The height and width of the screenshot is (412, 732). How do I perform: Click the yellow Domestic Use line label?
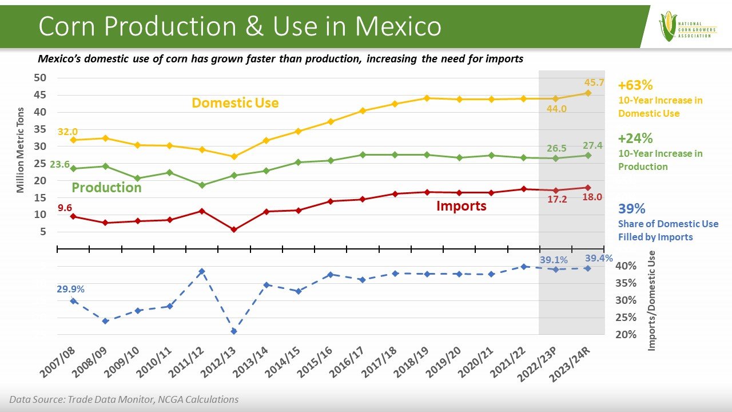point(235,103)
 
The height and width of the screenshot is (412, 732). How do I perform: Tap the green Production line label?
point(106,188)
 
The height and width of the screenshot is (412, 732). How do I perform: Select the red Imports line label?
point(461,206)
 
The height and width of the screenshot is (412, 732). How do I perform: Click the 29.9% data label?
point(70,289)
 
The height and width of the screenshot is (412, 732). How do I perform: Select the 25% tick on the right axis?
point(625,318)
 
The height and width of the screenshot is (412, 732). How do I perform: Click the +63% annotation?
point(635,86)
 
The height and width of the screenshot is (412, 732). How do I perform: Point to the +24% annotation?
point(635,138)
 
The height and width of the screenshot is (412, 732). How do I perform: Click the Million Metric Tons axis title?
point(21,150)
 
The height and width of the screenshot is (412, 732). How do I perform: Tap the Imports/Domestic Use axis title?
point(651,300)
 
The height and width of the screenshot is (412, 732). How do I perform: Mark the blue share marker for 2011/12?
point(202,271)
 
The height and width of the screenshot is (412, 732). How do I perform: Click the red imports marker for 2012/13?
point(234,229)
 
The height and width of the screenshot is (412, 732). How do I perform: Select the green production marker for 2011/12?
point(202,185)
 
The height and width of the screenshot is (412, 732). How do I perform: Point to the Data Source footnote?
point(124,399)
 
